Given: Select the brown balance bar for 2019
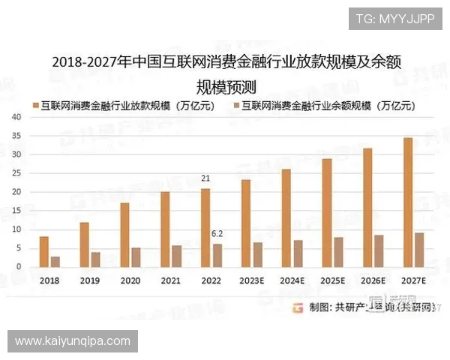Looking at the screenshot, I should coord(95,259).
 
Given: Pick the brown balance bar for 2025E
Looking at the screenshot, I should coord(338,252).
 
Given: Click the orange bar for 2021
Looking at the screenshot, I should coord(165,229).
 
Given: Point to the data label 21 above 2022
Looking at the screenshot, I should coord(205,178).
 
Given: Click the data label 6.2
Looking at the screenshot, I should coord(217,233).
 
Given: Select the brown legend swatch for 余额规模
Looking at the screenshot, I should coord(238,106).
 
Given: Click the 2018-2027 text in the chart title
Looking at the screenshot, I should coord(85,61).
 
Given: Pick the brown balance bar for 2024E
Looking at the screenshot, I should coord(298,253).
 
